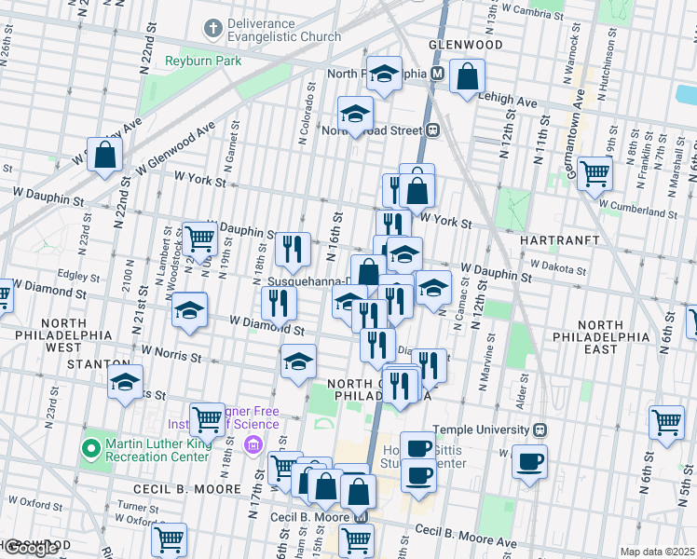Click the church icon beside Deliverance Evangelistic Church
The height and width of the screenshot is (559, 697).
[x=212, y=29]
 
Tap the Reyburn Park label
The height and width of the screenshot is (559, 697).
[x=202, y=61]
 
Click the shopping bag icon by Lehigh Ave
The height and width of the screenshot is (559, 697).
[x=468, y=77]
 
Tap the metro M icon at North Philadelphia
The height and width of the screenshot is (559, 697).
[x=437, y=74]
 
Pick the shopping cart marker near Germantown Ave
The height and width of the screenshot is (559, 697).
[x=594, y=173]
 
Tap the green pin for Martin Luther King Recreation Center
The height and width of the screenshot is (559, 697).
[x=90, y=449]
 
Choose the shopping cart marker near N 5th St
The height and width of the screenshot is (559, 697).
[x=667, y=423]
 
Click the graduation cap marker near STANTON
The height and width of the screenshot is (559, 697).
[x=125, y=383]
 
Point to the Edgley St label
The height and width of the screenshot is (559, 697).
[x=78, y=277]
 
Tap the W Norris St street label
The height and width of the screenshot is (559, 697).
[x=171, y=354]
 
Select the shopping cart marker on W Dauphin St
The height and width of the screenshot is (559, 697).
[x=199, y=240]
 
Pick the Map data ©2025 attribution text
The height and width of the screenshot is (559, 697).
[x=657, y=552]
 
